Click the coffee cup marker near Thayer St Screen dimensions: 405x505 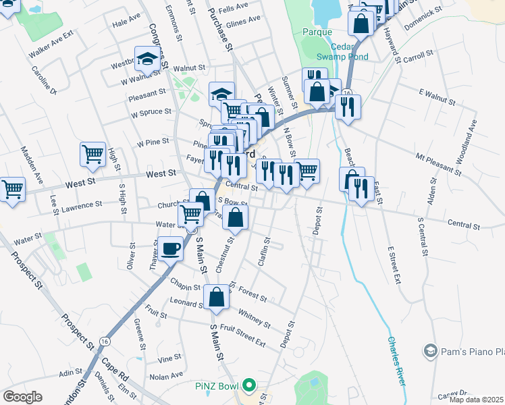tap(171, 248)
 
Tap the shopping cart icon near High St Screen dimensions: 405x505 tap(92, 153)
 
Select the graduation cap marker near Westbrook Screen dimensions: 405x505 tap(147, 59)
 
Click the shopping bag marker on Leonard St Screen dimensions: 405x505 tap(215, 296)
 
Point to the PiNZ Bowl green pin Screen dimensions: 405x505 tap(249, 386)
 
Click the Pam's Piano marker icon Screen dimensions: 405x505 tap(430, 350)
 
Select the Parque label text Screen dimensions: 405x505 tap(318, 32)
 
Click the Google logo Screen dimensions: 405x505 tap(22, 397)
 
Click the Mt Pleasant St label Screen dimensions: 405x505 tap(438, 164)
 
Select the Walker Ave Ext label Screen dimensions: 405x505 tap(51, 45)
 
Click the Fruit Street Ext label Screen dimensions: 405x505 tap(242, 336)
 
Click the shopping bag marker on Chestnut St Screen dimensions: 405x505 tap(235, 217)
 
